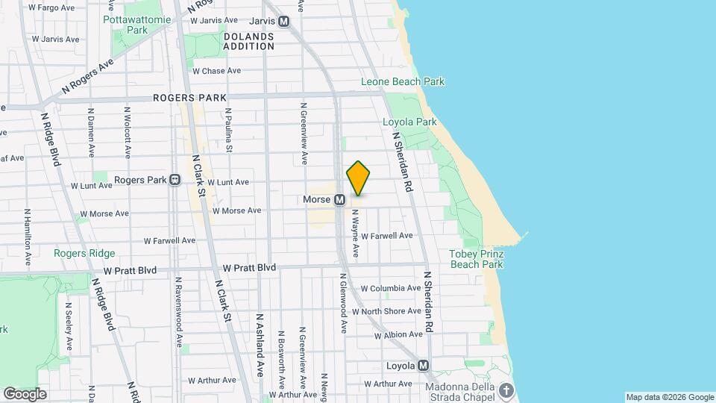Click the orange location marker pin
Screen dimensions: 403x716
[358, 178]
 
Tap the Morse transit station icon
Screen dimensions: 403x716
[339, 200]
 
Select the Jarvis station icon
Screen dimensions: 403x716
[283, 22]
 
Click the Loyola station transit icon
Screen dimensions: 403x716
[424, 366]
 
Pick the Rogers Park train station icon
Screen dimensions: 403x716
[175, 180]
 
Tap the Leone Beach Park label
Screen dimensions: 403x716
[403, 81]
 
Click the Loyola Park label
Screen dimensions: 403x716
[409, 122]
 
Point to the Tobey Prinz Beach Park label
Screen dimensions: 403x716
[477, 259]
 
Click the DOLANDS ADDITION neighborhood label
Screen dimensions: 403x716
[248, 41]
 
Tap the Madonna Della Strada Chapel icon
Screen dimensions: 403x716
[507, 390]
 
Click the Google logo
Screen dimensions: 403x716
[25, 394]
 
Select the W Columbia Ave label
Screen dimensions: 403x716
[391, 288]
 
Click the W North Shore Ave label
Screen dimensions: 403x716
[387, 311]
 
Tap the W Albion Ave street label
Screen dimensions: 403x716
[398, 335]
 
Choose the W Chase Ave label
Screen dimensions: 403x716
[216, 71]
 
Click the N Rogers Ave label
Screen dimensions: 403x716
[87, 77]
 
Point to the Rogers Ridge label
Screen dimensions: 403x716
[84, 253]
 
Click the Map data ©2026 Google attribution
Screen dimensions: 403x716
[669, 397]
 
